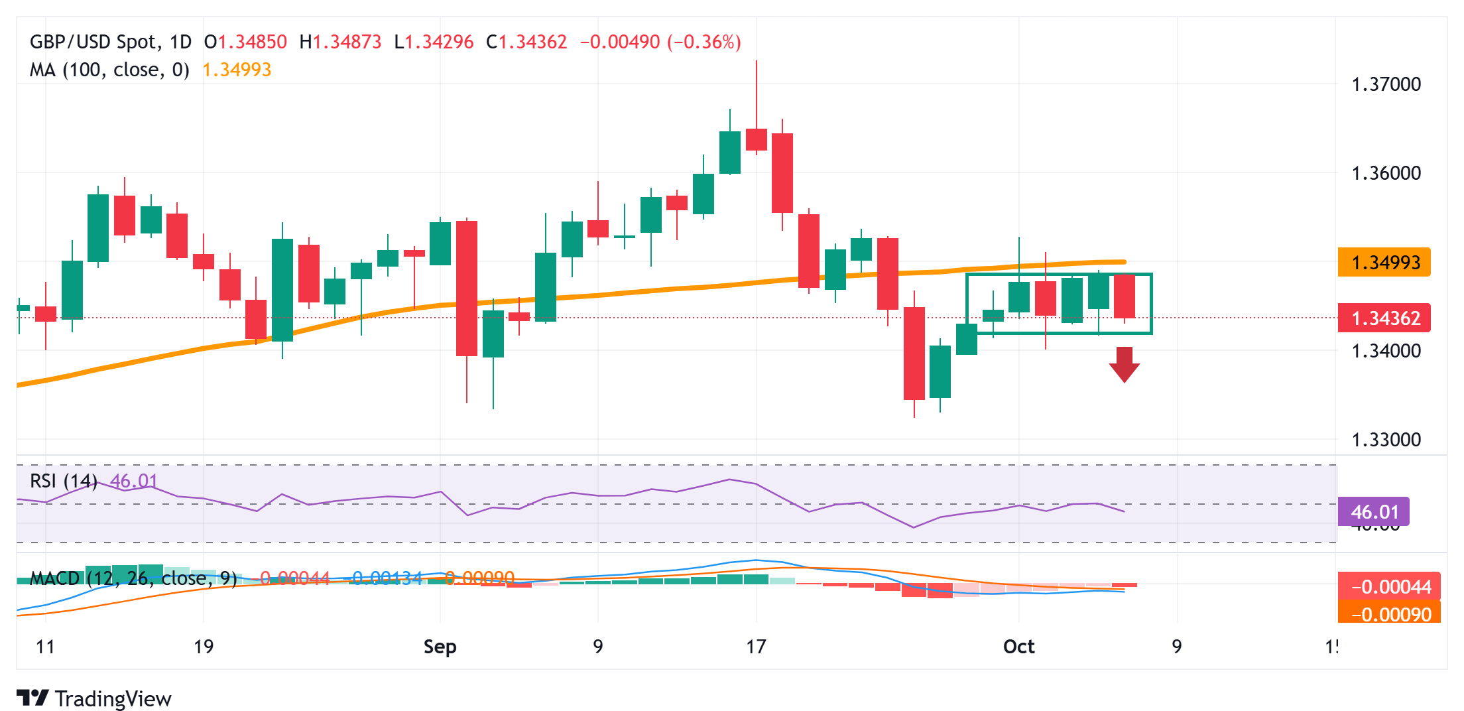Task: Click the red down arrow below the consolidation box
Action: tap(1124, 364)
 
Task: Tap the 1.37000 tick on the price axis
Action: tap(1386, 84)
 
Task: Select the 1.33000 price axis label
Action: tap(1386, 440)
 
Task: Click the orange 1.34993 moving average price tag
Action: tap(1384, 263)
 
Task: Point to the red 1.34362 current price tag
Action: tap(1384, 318)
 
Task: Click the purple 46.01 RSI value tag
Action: tap(1374, 512)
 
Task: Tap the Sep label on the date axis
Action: tap(440, 647)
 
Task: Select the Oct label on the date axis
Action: tap(1018, 647)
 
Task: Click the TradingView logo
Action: tap(93, 698)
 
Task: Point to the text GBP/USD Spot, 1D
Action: tap(111, 42)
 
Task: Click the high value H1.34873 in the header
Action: tap(340, 42)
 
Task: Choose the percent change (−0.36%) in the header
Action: tap(704, 42)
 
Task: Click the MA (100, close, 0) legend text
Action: tap(109, 70)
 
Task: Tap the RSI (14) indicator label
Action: tap(64, 481)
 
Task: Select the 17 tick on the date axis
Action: tap(756, 647)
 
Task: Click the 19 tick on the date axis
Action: tap(204, 647)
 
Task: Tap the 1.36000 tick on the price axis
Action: tap(1386, 173)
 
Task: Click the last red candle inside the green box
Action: tap(1125, 296)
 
